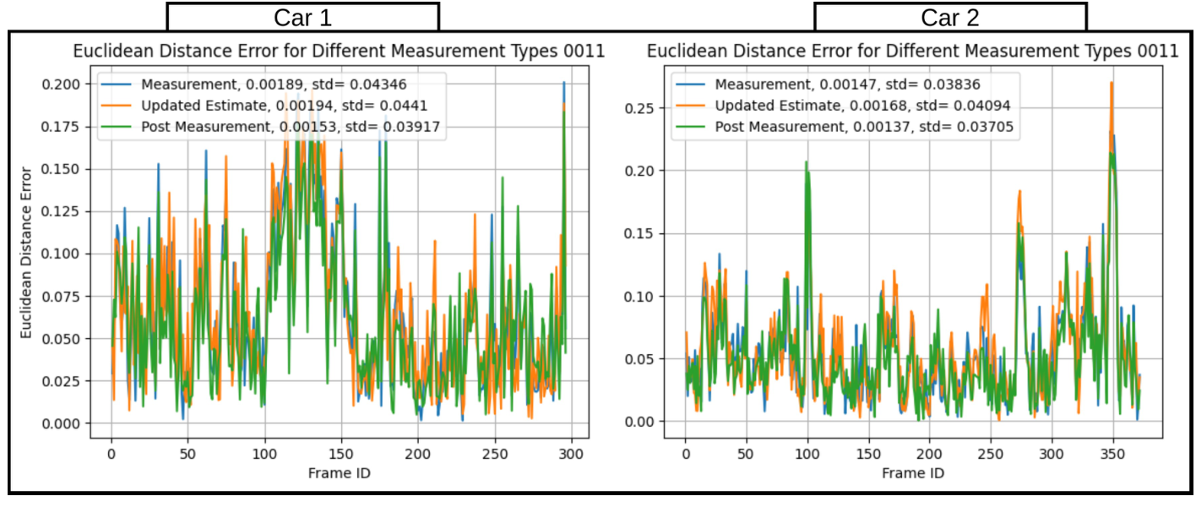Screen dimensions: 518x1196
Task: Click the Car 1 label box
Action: [x=302, y=17]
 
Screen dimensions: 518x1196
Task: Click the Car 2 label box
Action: [x=949, y=17]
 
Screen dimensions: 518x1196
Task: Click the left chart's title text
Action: [x=339, y=51]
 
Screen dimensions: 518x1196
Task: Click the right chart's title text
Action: [x=912, y=51]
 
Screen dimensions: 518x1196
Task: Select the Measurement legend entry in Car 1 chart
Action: [x=279, y=85]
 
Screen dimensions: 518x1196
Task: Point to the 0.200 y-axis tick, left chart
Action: [x=63, y=85]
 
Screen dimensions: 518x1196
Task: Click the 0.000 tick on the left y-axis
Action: [x=63, y=423]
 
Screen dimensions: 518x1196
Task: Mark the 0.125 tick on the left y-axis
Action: [x=63, y=211]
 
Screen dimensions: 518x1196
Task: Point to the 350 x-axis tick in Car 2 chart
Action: [x=1112, y=454]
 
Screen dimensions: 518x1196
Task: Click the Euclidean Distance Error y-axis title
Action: [x=26, y=254]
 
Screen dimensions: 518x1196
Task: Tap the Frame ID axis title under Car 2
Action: [x=912, y=473]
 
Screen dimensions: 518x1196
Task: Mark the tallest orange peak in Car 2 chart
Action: [x=1112, y=83]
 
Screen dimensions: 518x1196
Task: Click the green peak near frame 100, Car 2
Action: [x=807, y=162]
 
